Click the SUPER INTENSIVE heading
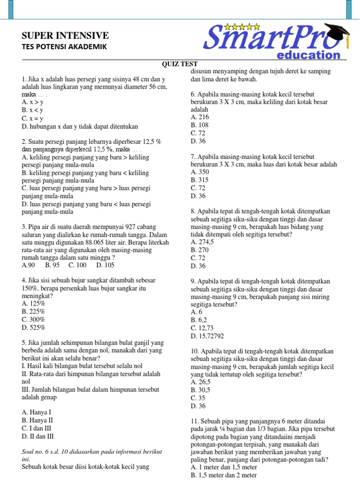(65, 36)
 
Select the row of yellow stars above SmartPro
(242, 26)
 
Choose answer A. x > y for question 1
(32, 102)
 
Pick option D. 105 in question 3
(105, 265)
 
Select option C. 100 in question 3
(77, 265)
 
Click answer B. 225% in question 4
(33, 312)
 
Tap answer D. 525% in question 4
(33, 328)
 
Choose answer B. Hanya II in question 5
(37, 420)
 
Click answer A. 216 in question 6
(200, 117)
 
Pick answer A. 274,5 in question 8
(202, 242)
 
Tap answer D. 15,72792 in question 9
(207, 336)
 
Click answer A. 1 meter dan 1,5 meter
(224, 467)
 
